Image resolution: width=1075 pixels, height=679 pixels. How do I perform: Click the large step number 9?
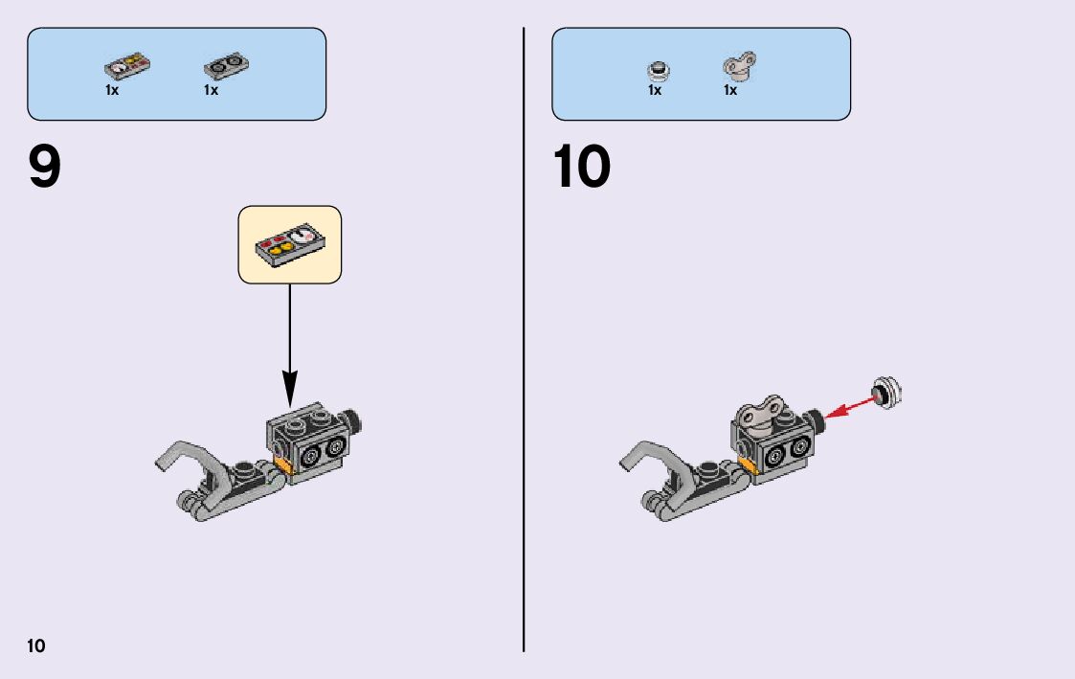click(45, 169)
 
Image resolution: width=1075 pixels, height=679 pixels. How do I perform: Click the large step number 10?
click(581, 169)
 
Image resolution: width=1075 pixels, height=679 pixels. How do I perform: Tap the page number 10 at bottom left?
click(35, 645)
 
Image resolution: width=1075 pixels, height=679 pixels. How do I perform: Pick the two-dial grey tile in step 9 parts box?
click(227, 67)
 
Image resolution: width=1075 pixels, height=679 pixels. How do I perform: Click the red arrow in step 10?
click(850, 404)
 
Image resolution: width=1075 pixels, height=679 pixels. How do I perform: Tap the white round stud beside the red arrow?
click(888, 392)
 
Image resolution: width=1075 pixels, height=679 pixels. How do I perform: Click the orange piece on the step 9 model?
click(283, 465)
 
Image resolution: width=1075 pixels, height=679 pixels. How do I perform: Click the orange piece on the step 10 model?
click(747, 465)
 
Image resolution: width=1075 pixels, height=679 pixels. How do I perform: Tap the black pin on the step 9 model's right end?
click(357, 421)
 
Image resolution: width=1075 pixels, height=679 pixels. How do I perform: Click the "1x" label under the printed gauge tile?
click(112, 90)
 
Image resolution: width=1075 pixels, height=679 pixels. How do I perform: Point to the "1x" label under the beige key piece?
click(730, 90)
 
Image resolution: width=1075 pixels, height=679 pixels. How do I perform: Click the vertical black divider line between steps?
click(524, 339)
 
